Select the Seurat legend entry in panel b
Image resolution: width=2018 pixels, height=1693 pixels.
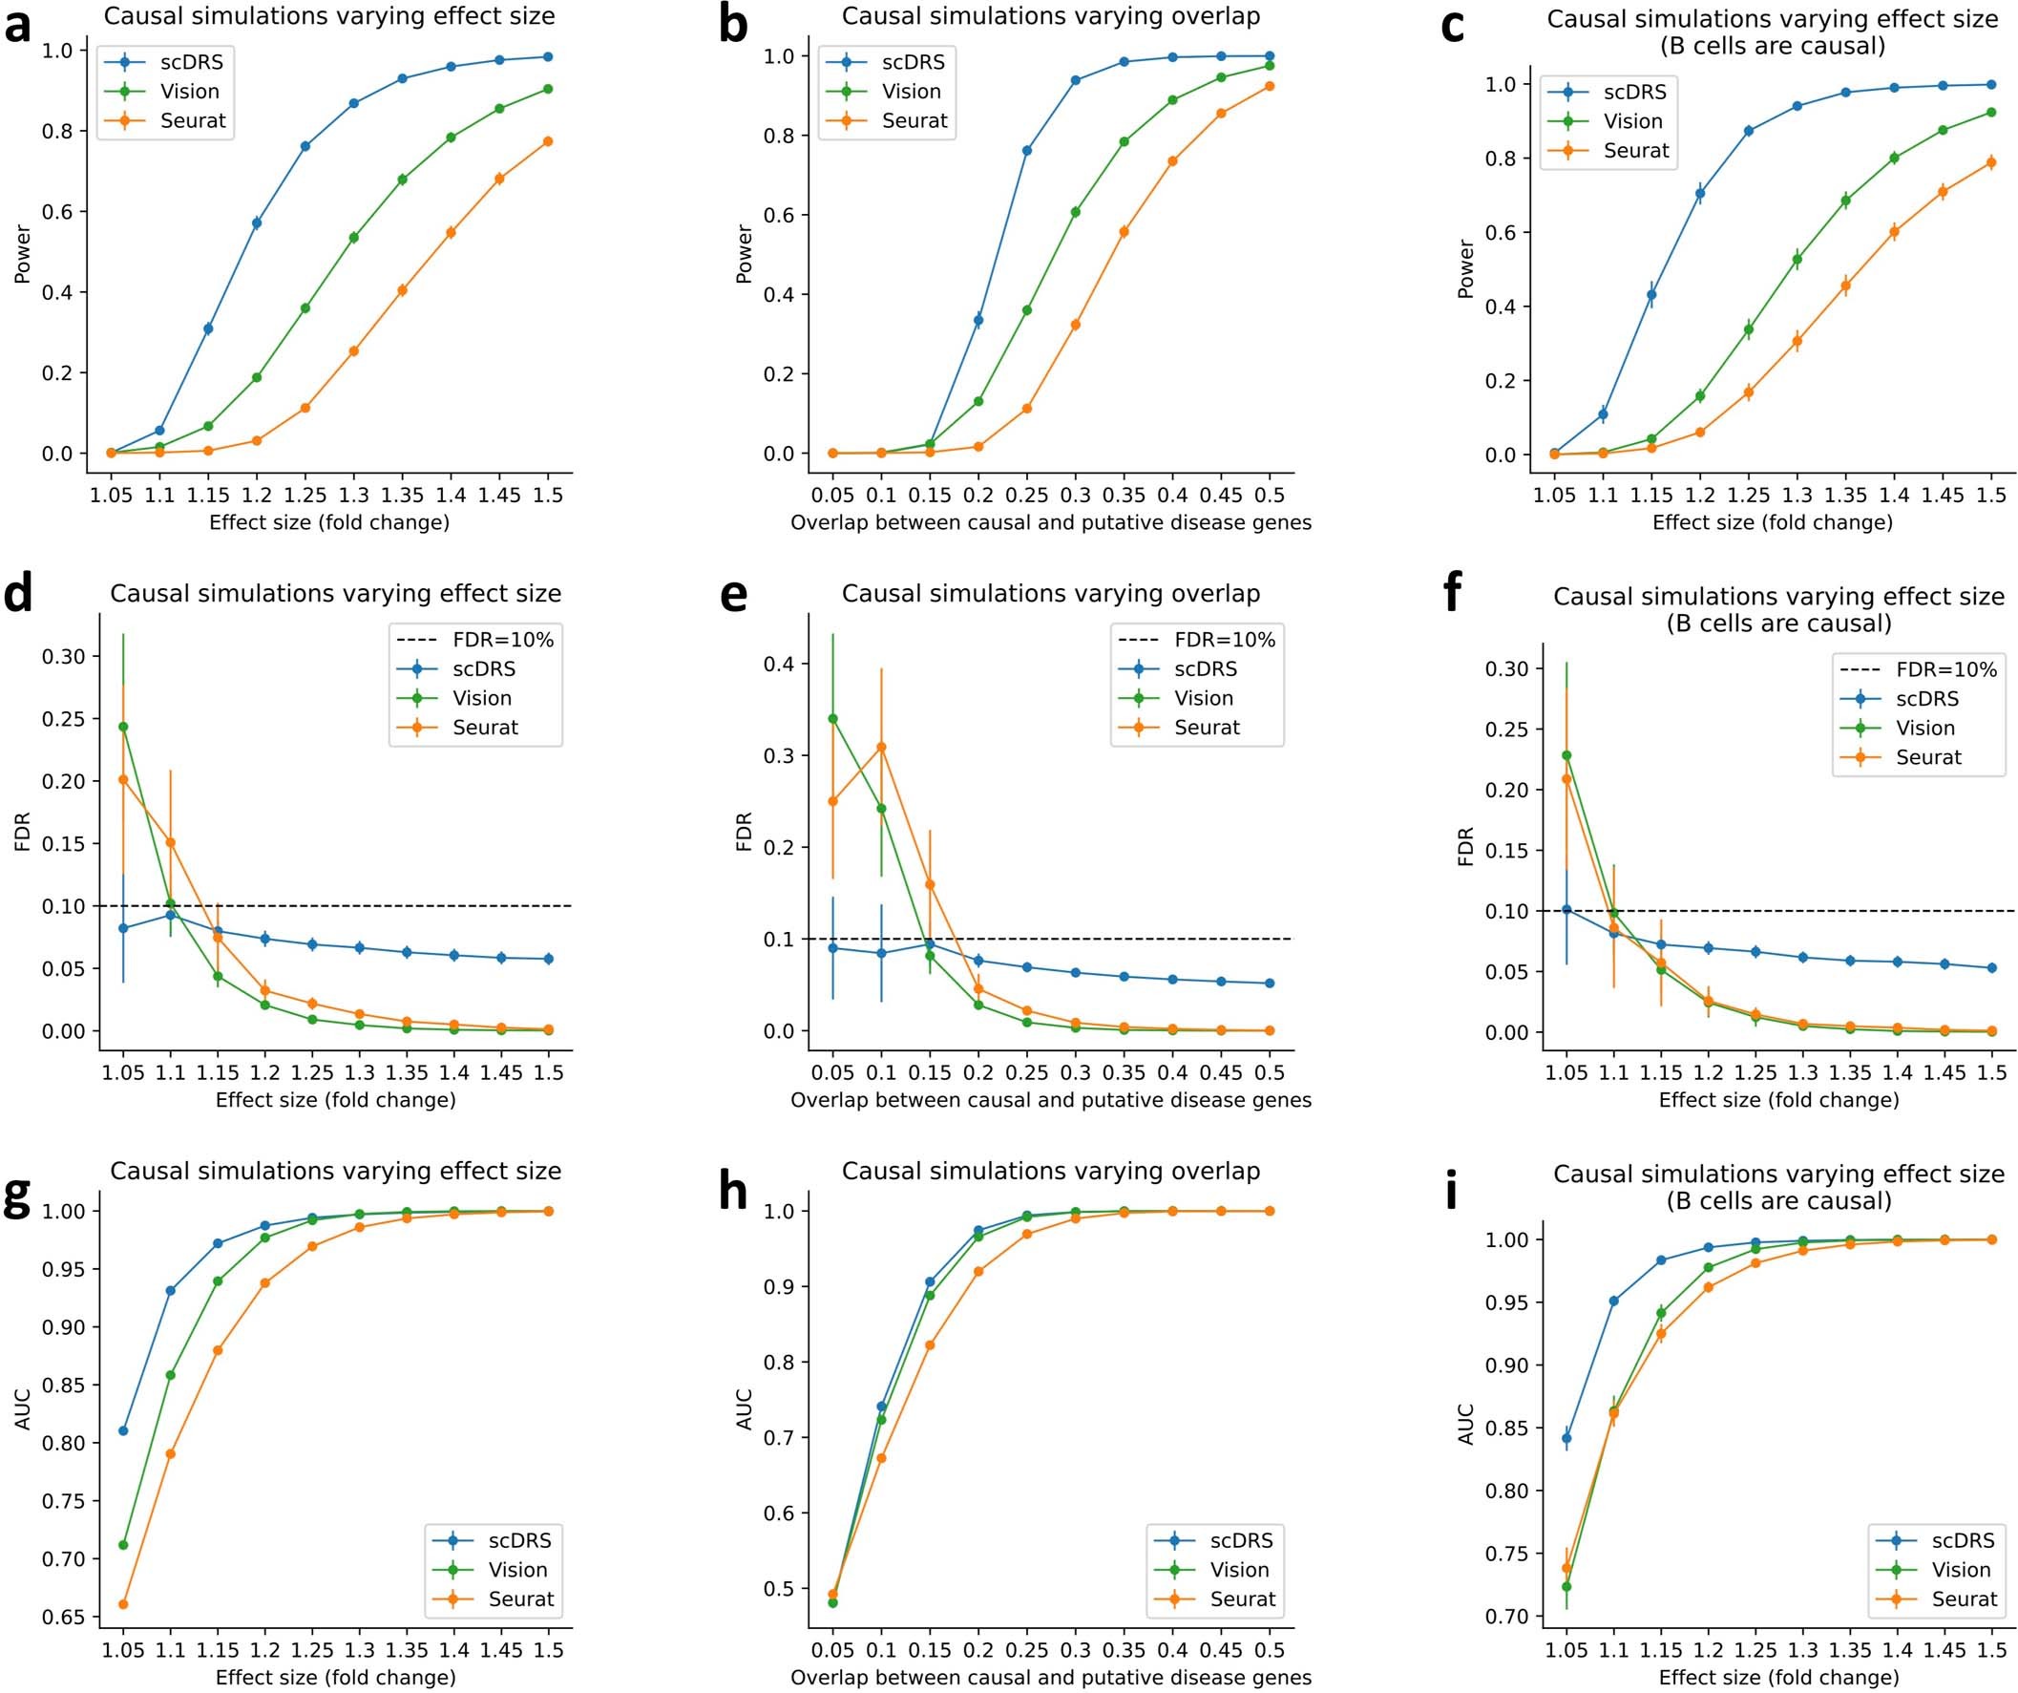tap(914, 121)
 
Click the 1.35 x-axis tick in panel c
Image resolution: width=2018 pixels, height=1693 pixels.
tap(1845, 496)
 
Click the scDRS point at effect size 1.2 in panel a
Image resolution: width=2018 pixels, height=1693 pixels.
tap(257, 223)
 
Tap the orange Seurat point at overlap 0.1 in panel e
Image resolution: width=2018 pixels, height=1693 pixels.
tap(881, 747)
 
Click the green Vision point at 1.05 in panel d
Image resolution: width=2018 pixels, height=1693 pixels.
tap(123, 727)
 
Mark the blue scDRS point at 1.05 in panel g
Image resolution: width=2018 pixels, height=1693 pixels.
tap(123, 1430)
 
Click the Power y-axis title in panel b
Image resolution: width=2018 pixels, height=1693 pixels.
tap(743, 254)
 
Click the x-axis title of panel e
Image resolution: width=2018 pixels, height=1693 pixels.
tap(1050, 1099)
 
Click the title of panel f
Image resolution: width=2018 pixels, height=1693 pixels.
tap(1777, 609)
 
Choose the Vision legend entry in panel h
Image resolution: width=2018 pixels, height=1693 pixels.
tap(1239, 1570)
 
